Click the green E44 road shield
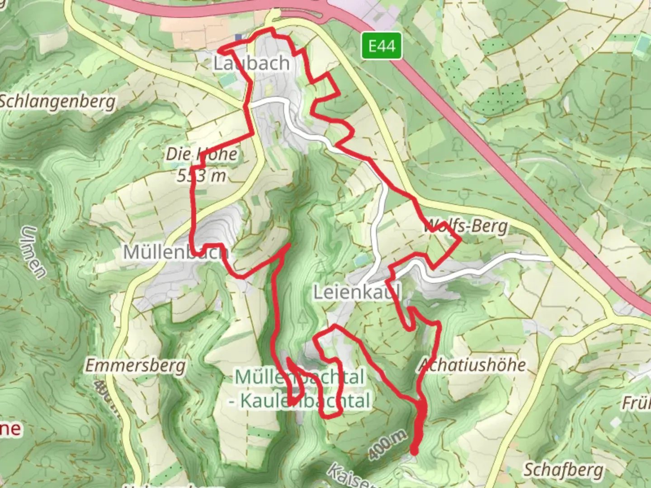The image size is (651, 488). pos(382,46)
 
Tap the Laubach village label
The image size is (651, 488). pos(251,63)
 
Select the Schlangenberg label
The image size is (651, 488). pos(57,102)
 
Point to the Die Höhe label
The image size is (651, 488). pos(201,154)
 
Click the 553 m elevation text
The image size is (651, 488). pos(201,175)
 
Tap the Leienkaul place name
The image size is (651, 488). pos(357,293)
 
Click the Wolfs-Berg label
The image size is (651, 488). pos(466,226)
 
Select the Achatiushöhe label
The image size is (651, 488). pos(472,365)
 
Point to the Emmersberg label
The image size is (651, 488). pos(136,365)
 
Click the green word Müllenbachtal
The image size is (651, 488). pos(299,377)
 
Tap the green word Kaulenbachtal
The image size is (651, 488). pos(305,401)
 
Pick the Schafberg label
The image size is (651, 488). pos(563,470)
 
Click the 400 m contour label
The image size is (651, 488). pos(387,445)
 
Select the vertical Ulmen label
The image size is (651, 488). pos(34,252)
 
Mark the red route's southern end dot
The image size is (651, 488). pos(414,450)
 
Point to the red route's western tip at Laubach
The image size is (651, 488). pos(220,50)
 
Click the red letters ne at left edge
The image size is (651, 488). pos(10,428)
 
